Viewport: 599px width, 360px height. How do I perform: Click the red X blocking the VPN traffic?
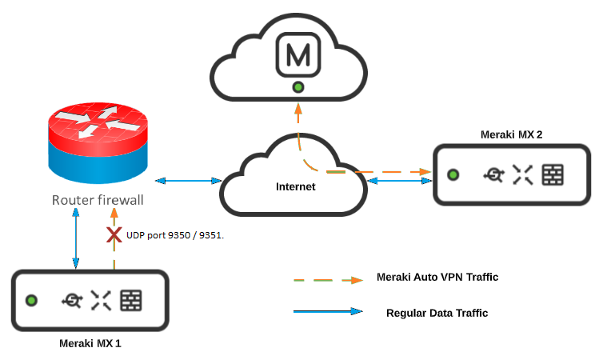(114, 235)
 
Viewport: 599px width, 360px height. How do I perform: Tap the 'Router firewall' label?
(98, 200)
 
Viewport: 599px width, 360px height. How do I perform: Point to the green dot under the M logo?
(298, 86)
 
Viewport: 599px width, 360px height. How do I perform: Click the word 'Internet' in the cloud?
(296, 186)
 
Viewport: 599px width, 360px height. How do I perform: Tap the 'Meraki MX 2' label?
(511, 134)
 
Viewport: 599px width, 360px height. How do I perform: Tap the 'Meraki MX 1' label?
(90, 343)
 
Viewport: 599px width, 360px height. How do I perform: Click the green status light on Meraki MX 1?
(32, 301)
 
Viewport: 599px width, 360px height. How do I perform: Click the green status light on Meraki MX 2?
(453, 174)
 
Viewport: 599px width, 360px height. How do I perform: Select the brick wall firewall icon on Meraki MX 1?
(131, 300)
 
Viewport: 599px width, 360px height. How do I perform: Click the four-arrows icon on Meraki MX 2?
(522, 175)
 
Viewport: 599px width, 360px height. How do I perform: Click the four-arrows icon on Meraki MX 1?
(101, 300)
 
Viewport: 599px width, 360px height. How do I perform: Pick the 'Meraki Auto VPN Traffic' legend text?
(437, 278)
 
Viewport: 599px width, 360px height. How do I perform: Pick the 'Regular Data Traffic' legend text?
(437, 313)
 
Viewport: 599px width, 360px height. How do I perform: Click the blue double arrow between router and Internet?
(188, 182)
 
